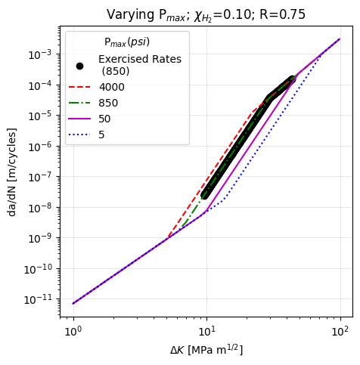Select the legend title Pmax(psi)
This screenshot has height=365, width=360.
click(x=126, y=42)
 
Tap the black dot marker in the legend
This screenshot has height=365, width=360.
click(x=79, y=66)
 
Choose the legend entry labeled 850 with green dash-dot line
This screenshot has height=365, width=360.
click(x=108, y=103)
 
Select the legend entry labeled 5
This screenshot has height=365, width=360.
click(x=102, y=135)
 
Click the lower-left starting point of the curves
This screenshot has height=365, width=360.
click(x=73, y=304)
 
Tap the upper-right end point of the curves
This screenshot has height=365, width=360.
click(x=340, y=39)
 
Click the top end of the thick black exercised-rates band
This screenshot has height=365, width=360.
click(x=292, y=79)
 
